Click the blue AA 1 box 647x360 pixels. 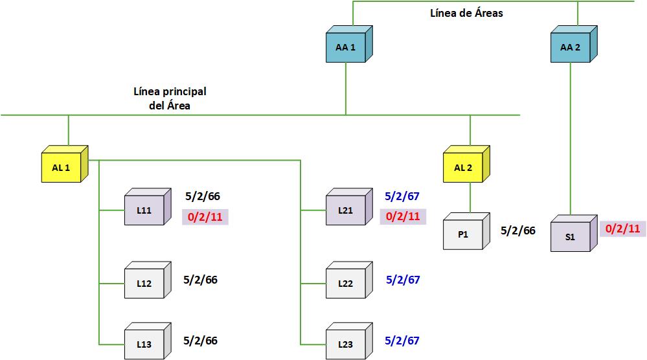pyautogui.click(x=345, y=47)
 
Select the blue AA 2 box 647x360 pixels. pyautogui.click(x=571, y=47)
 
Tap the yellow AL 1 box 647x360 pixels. pyautogui.click(x=61, y=168)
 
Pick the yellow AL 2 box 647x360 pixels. pyautogui.click(x=462, y=168)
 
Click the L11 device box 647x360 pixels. pyautogui.click(x=144, y=210)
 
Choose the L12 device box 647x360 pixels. pyautogui.click(x=144, y=283)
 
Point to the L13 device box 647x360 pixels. pyautogui.click(x=144, y=344)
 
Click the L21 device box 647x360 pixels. pyautogui.click(x=345, y=210)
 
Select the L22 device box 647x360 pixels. pyautogui.click(x=345, y=283)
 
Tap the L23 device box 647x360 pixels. pyautogui.click(x=345, y=344)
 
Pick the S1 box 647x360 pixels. pyautogui.click(x=570, y=236)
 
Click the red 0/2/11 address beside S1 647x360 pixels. pyautogui.click(x=622, y=229)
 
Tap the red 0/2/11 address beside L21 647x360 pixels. pyautogui.click(x=403, y=216)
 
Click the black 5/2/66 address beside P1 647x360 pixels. pyautogui.click(x=518, y=231)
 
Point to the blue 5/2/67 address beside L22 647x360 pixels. pyautogui.click(x=403, y=280)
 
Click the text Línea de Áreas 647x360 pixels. pyautogui.click(x=466, y=13)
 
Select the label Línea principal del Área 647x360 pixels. pyautogui.click(x=170, y=98)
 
